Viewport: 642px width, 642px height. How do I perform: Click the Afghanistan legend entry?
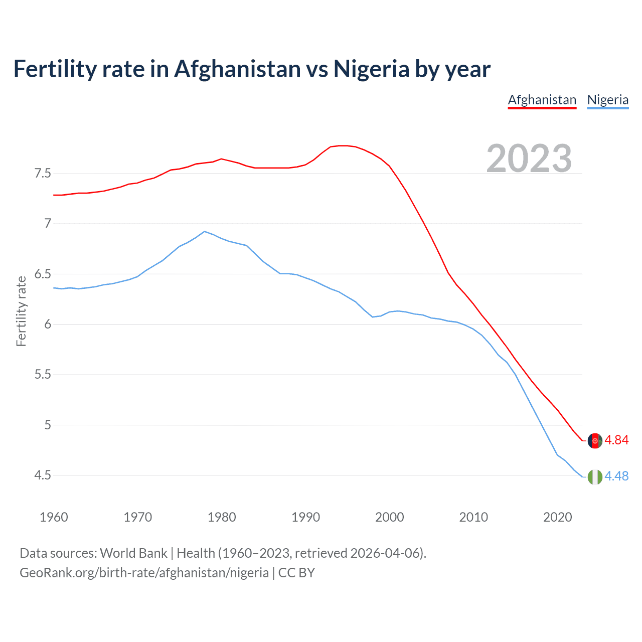(542, 100)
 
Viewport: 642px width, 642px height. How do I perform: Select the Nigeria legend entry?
(607, 100)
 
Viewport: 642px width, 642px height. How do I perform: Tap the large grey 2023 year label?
(529, 158)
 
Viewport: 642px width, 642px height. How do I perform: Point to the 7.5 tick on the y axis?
(43, 174)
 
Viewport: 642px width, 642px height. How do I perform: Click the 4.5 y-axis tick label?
(43, 475)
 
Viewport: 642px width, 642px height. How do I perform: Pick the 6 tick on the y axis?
(48, 325)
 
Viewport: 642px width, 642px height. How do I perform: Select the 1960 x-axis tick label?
(54, 517)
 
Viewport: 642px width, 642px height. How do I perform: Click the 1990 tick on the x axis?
(305, 517)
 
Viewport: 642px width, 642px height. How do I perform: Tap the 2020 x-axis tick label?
(557, 517)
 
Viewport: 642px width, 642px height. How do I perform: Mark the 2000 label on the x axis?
(389, 517)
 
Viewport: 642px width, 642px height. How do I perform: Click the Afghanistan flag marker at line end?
(595, 441)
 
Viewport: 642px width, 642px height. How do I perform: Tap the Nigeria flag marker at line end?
(595, 477)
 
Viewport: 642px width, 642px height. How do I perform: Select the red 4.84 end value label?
(616, 440)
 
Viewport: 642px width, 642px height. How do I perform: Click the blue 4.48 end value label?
(616, 476)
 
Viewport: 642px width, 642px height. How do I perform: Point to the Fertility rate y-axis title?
(21, 311)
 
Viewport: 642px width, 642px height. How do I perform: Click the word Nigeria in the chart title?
(371, 69)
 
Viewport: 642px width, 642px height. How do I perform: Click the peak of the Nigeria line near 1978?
(204, 231)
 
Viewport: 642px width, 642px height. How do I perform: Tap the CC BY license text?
(296, 573)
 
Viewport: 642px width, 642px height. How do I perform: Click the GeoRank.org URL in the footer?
(144, 573)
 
